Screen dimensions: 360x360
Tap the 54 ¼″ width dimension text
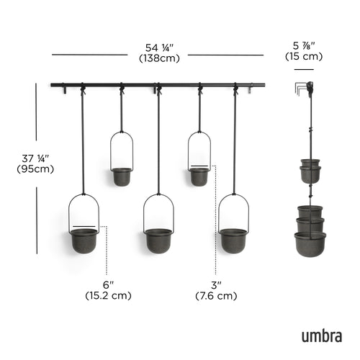[x=159, y=47]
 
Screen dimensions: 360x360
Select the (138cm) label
[x=159, y=58]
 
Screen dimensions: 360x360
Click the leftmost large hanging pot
[x=84, y=240]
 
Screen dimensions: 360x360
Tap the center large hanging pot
[x=158, y=240]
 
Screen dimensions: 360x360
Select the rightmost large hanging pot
[x=233, y=240]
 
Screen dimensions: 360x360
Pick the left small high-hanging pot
[x=122, y=176]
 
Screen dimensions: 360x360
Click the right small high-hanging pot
[x=199, y=176]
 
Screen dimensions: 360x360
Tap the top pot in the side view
[x=310, y=164]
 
